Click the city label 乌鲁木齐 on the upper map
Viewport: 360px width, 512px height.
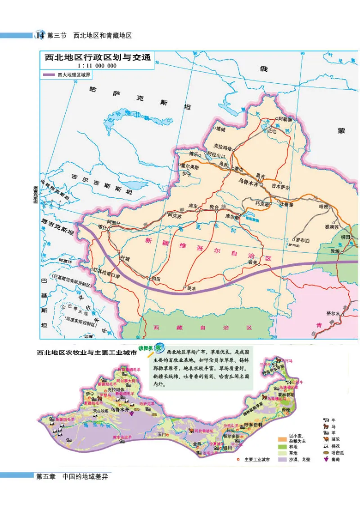(250, 184)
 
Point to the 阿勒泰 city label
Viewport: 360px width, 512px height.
(284, 119)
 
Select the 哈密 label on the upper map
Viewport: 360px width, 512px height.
(323, 207)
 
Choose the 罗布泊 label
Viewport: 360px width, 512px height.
(302, 240)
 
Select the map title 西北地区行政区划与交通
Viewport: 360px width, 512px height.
(96, 57)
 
